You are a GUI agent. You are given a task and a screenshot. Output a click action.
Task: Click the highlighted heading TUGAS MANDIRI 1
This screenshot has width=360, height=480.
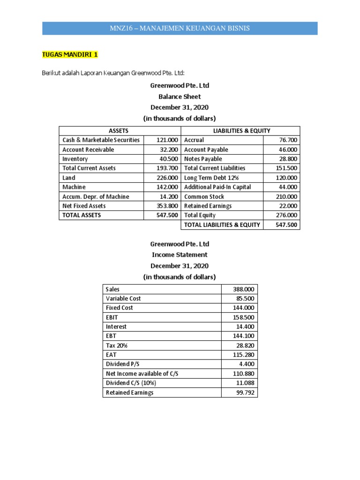pyautogui.click(x=70, y=54)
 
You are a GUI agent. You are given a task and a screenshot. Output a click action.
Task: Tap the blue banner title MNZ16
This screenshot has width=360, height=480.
pyautogui.click(x=180, y=29)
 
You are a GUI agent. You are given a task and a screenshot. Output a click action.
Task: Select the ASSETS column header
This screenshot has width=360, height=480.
pyautogui.click(x=119, y=131)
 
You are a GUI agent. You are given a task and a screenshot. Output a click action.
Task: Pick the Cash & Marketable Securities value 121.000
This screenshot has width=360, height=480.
pyautogui.click(x=167, y=140)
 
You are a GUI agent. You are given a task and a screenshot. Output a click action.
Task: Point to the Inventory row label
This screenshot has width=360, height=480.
pyautogui.click(x=75, y=159)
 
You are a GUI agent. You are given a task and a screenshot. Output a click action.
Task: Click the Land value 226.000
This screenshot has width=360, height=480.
pyautogui.click(x=167, y=178)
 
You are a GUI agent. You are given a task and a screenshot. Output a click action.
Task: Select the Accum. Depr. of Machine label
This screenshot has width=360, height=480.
pyautogui.click(x=96, y=196)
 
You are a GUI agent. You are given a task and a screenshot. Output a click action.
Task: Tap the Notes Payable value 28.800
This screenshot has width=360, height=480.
pyautogui.click(x=287, y=159)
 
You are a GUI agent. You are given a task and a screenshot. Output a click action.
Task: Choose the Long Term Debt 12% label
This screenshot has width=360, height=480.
pyautogui.click(x=211, y=178)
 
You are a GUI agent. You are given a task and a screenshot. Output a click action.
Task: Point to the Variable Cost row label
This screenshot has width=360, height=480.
pyautogui.click(x=123, y=299)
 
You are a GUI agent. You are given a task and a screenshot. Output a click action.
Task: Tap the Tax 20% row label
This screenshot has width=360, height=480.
pyautogui.click(x=117, y=345)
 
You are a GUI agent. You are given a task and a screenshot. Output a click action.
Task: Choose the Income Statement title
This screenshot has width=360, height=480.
pyautogui.click(x=180, y=255)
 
